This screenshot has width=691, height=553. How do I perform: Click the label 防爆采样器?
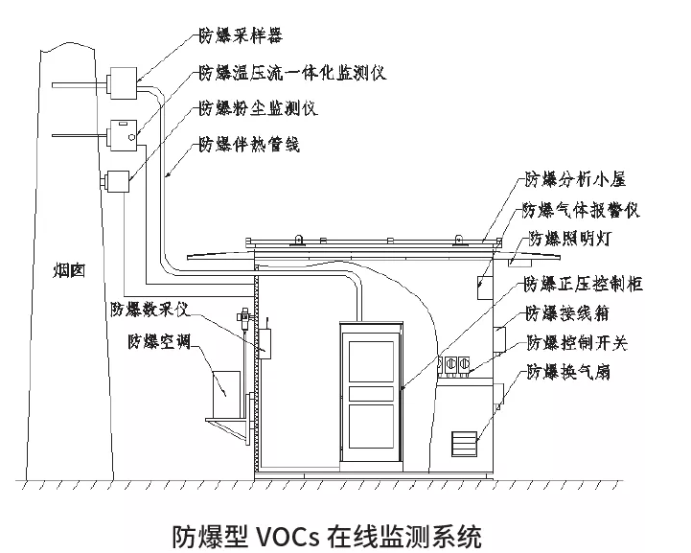241,38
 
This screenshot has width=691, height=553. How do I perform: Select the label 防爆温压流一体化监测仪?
291,74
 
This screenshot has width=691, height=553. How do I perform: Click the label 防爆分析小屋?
569,178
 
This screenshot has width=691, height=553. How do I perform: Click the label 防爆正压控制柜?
583,284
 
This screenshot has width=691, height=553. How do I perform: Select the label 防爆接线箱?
566,313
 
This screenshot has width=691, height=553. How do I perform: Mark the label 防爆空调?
158,342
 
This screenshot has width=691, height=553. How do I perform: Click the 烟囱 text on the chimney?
69,271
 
